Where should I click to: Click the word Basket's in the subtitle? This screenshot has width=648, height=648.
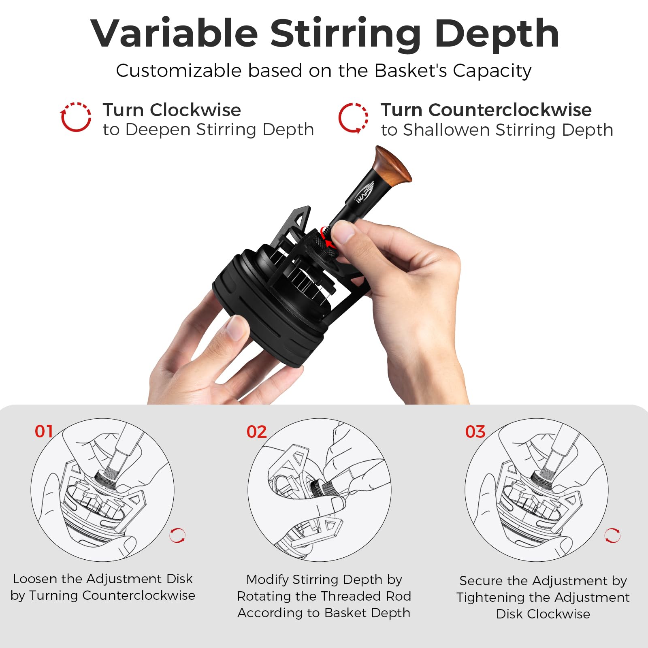pos(410,71)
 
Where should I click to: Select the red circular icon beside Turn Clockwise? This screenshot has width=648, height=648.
pos(76,117)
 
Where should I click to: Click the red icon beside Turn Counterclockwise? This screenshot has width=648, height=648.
pos(353,118)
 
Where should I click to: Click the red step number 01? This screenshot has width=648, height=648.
pos(44,431)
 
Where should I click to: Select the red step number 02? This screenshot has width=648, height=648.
pos(256,432)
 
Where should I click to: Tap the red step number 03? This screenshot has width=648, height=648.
pos(475,432)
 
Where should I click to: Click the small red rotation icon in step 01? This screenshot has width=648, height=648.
pos(177,535)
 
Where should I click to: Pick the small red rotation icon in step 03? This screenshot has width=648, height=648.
pos(612,535)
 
